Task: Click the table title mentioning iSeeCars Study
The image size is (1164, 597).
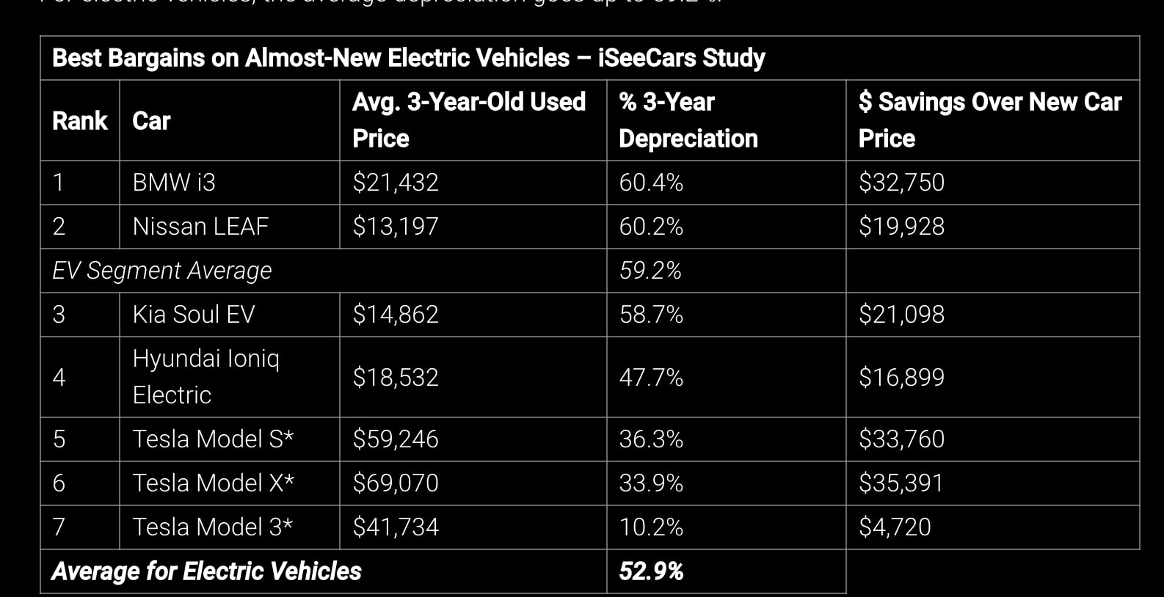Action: tap(408, 58)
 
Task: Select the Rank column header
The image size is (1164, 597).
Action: tap(79, 120)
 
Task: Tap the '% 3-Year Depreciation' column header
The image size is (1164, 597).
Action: tap(688, 120)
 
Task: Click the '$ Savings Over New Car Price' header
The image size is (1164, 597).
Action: tap(989, 120)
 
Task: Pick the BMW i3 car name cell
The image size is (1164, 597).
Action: tap(174, 183)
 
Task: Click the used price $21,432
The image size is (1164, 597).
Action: tap(395, 183)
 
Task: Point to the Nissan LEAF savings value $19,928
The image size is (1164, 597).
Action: tap(901, 227)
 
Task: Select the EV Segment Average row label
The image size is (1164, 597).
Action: tap(161, 271)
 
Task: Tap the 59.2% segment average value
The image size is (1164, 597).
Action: tap(650, 271)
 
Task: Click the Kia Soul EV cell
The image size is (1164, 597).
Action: tap(193, 315)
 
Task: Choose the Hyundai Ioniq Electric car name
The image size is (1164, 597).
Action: tap(205, 377)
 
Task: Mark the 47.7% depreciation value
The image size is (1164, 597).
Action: tap(650, 377)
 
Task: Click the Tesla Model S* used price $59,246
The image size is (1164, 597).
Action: tap(395, 439)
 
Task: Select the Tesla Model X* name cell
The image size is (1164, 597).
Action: tap(213, 483)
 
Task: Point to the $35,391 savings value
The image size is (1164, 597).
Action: tap(901, 483)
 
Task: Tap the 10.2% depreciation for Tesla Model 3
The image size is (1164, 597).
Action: tap(650, 527)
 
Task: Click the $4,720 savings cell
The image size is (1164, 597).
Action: tap(895, 527)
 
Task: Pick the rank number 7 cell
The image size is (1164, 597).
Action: tap(59, 527)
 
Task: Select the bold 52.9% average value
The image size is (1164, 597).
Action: tap(650, 571)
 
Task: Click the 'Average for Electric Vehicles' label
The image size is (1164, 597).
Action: tap(206, 571)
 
